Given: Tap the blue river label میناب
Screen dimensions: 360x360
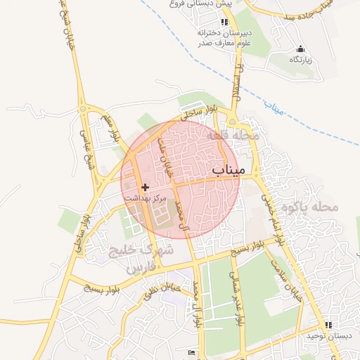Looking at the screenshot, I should pos(269,110).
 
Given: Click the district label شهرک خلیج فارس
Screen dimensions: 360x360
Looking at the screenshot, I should pos(141,259).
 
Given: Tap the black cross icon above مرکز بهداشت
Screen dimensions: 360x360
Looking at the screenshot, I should pos(146,187).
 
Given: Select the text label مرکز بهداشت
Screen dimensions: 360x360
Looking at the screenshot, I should pos(146,198).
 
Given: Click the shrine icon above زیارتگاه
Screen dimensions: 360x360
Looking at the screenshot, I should pos(301,49).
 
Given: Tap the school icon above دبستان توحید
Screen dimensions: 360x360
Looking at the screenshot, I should pos(328,325).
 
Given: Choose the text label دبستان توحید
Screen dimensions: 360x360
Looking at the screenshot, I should pos(327,336).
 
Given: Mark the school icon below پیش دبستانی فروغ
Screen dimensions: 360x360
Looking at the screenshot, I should pos(224,22).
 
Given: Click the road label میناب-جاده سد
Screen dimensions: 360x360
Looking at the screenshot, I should pos(338,13).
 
